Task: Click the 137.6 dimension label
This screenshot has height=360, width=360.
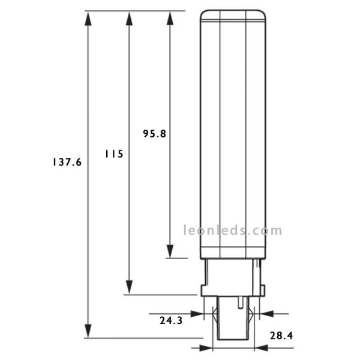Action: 67,163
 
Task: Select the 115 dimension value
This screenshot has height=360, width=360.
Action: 113,154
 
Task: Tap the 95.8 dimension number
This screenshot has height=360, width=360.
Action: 154,134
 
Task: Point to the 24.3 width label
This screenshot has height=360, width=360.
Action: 171,321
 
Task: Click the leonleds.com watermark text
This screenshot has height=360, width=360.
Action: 232,230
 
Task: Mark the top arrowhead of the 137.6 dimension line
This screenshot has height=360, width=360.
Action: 88,19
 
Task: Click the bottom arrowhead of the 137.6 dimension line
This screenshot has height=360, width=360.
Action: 88,331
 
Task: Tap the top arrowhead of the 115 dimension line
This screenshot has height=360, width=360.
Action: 128,19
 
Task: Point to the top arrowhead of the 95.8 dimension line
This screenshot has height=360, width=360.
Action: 170,19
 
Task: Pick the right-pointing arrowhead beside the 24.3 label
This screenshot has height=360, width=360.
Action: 196,313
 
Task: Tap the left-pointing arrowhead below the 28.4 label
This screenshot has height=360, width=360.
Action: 262,347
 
